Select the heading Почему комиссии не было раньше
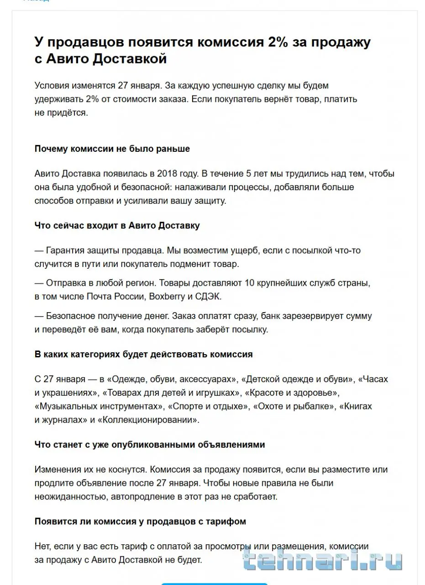coord(112,149)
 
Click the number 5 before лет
coord(248,174)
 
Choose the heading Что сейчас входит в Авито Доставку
coord(117,226)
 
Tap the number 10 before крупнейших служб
coord(250,283)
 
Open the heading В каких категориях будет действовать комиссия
coord(143,355)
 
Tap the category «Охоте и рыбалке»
coord(294,406)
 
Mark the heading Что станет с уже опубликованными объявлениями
coord(150,445)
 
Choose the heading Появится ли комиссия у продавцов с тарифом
coord(140,521)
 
